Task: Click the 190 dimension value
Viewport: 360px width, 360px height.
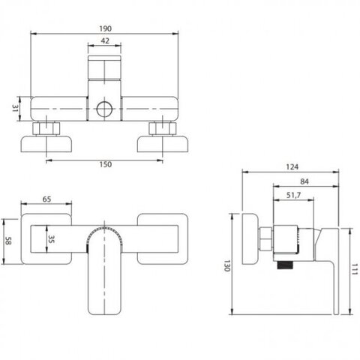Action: point(105,28)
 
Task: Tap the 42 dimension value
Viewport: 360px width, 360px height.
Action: point(105,40)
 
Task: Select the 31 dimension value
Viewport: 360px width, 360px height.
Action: point(16,109)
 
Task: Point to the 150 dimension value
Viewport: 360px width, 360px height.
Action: point(106,164)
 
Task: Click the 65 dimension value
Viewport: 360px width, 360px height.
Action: point(46,199)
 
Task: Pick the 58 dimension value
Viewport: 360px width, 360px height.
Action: point(8,241)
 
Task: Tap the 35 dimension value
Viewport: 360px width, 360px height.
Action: point(51,239)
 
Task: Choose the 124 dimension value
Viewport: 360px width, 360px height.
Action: point(292,166)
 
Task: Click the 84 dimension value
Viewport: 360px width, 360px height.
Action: point(304,181)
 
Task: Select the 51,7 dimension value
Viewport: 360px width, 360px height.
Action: point(293,195)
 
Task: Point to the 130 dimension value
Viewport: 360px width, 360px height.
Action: point(226,265)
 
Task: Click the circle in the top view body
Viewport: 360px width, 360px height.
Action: point(104,109)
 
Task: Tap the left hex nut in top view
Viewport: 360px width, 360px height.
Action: point(46,129)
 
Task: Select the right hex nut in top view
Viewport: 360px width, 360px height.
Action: point(163,129)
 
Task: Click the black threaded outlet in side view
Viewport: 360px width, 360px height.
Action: point(285,265)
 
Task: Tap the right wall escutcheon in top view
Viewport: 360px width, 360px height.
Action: point(163,144)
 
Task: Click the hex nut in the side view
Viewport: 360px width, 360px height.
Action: point(266,238)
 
